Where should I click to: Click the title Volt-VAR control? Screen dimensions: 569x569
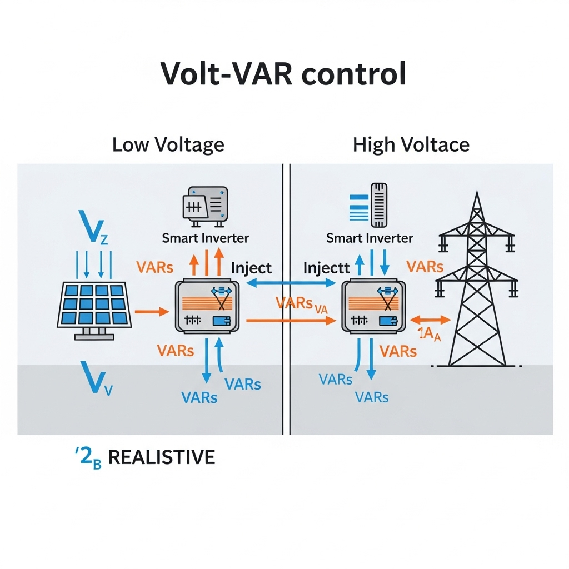point(284,74)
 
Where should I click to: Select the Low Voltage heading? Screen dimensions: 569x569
point(168,145)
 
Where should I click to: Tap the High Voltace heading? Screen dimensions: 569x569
point(411,145)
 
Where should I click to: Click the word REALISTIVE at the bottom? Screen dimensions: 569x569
point(161,457)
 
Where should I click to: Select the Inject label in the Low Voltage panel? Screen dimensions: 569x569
point(251,268)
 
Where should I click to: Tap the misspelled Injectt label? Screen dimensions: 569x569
point(326,268)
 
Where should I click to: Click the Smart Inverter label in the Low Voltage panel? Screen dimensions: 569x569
point(205,238)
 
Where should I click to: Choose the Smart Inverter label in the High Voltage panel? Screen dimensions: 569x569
point(370,238)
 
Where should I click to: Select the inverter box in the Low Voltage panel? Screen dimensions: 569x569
point(207,307)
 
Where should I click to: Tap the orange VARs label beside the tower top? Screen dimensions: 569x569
point(425,266)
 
